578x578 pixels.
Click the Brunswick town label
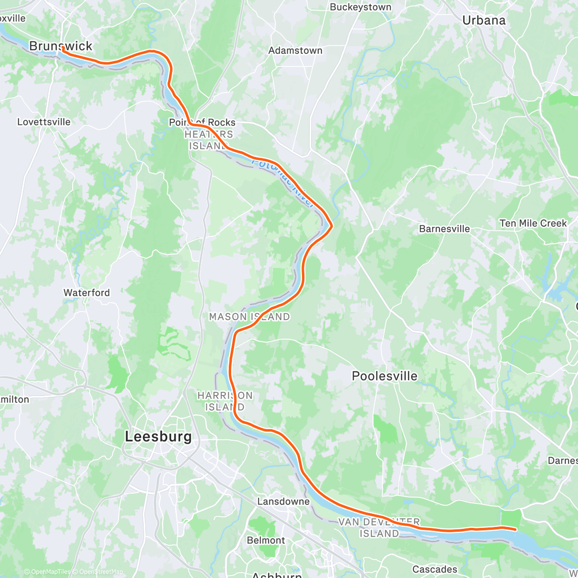pos(61,46)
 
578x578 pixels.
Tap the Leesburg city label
pos(158,437)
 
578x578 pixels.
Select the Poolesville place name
pos(384,376)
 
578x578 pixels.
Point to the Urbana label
pos(484,20)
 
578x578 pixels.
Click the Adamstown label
pos(295,51)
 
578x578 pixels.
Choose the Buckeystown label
pos(360,7)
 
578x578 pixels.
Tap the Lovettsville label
pos(44,122)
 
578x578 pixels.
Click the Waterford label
pos(87,293)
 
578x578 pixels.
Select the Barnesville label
pos(444,229)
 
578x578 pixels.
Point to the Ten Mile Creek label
pos(533,223)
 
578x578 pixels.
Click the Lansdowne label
pos(283,501)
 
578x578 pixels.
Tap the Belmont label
pos(266,540)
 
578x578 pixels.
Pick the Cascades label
pos(434,569)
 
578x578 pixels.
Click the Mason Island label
pos(249,317)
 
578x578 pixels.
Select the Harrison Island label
pos(225,401)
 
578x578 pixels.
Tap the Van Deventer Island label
pos(379,528)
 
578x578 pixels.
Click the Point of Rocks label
pos(202,122)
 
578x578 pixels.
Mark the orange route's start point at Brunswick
pos(63,48)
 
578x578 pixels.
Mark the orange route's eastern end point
pos(515,529)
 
